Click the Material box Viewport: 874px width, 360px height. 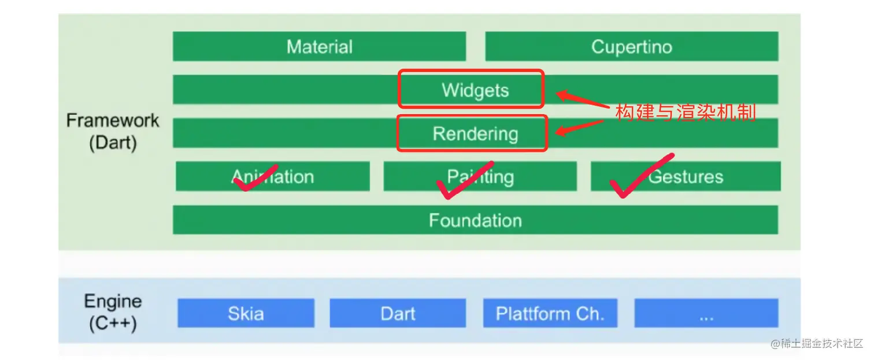[319, 46]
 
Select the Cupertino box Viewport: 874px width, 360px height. [631, 46]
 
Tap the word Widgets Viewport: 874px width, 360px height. [475, 90]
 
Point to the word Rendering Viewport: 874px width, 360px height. [475, 134]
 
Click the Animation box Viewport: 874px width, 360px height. [273, 176]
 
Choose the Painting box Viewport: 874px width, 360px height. [480, 176]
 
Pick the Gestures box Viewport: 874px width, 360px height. [686, 176]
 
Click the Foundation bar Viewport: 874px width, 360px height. [475, 220]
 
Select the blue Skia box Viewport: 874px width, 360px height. [246, 313]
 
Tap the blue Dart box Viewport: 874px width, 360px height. [398, 313]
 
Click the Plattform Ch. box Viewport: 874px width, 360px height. [550, 313]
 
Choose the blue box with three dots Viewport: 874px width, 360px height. [706, 313]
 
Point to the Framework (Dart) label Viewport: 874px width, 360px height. [112, 131]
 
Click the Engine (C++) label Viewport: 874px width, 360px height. [112, 312]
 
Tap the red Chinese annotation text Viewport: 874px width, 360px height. [686, 112]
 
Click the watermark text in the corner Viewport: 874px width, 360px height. [816, 344]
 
